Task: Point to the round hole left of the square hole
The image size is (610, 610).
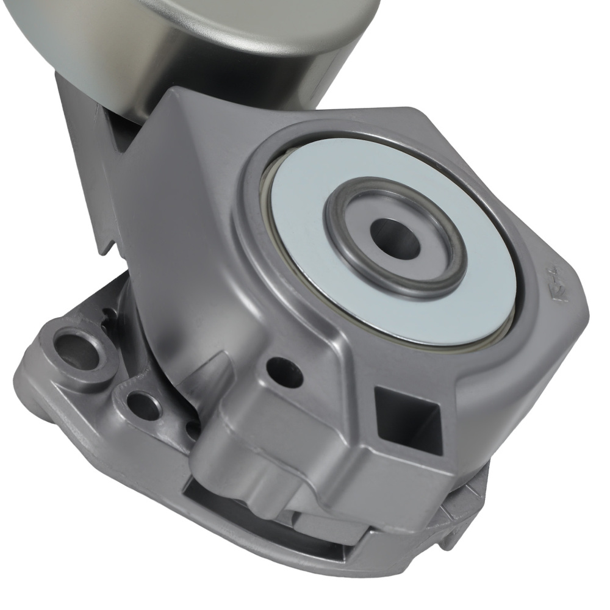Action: click(284, 371)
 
